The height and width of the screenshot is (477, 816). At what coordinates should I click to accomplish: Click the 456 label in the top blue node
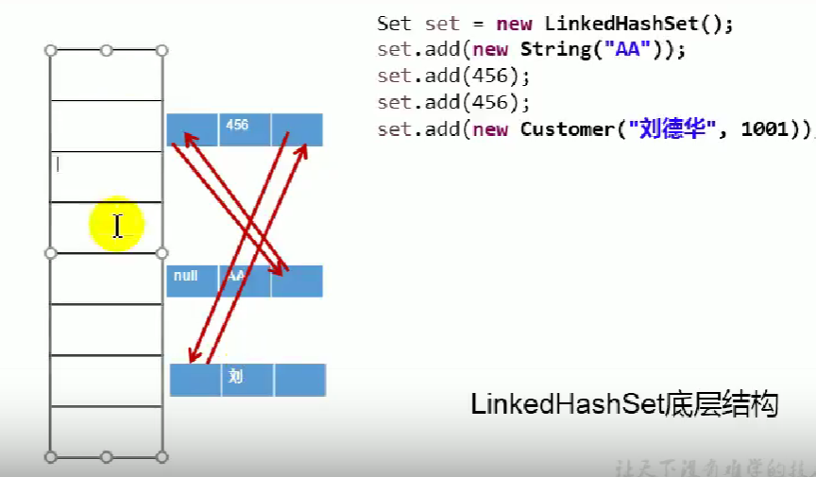[x=237, y=125]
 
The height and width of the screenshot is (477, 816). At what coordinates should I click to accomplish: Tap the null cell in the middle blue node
[x=186, y=276]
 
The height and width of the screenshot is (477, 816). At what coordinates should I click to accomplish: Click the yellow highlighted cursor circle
[x=116, y=226]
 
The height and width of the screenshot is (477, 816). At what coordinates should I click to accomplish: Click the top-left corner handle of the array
[x=50, y=50]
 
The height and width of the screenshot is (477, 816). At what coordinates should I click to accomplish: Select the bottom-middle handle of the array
[x=107, y=457]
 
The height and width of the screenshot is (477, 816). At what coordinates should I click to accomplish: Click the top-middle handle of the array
[x=107, y=50]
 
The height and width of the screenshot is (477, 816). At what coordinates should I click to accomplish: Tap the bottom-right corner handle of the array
[x=162, y=457]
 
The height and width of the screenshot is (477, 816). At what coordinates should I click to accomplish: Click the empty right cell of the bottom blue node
[x=300, y=380]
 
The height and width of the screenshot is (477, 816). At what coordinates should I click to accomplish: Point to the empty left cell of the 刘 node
[x=195, y=380]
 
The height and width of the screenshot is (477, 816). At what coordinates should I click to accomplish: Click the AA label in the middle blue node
[x=235, y=276]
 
